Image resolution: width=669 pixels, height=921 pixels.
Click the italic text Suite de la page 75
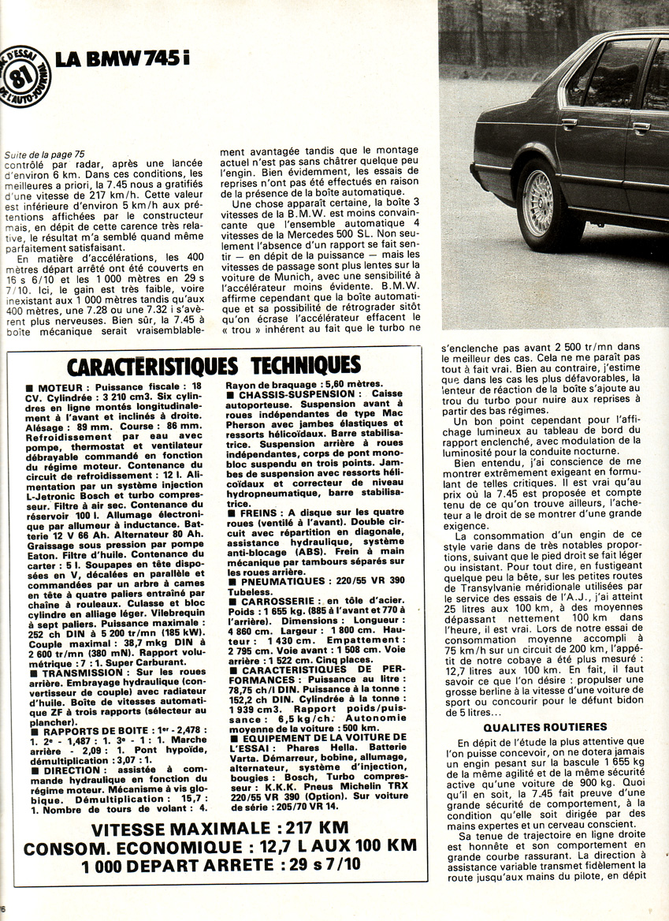click(44, 155)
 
